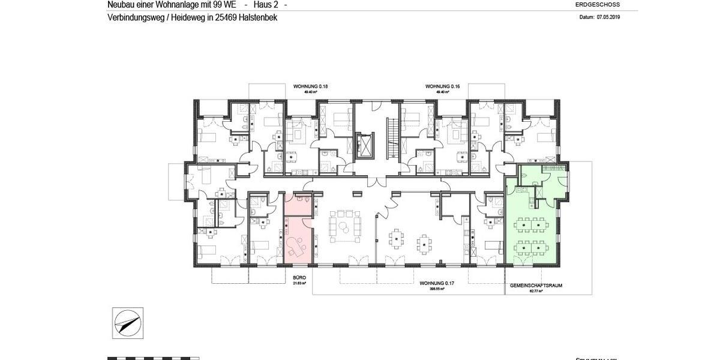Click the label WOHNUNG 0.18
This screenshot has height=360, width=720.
pos(310,86)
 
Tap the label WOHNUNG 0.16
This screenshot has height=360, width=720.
pos(442,86)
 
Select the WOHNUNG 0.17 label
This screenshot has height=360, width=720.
pos(436,283)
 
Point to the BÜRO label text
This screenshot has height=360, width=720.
pos(299,277)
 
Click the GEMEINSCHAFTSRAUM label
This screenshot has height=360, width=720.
pos(536,286)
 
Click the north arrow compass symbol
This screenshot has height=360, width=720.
pos(127,323)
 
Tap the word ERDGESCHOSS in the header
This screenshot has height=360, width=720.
pos(597,4)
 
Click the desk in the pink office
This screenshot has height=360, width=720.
pos(295,247)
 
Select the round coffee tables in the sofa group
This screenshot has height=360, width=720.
pos(344,226)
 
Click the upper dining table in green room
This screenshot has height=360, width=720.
pos(533,226)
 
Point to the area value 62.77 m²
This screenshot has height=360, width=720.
pos(536,291)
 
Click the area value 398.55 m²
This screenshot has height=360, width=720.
pos(436,288)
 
